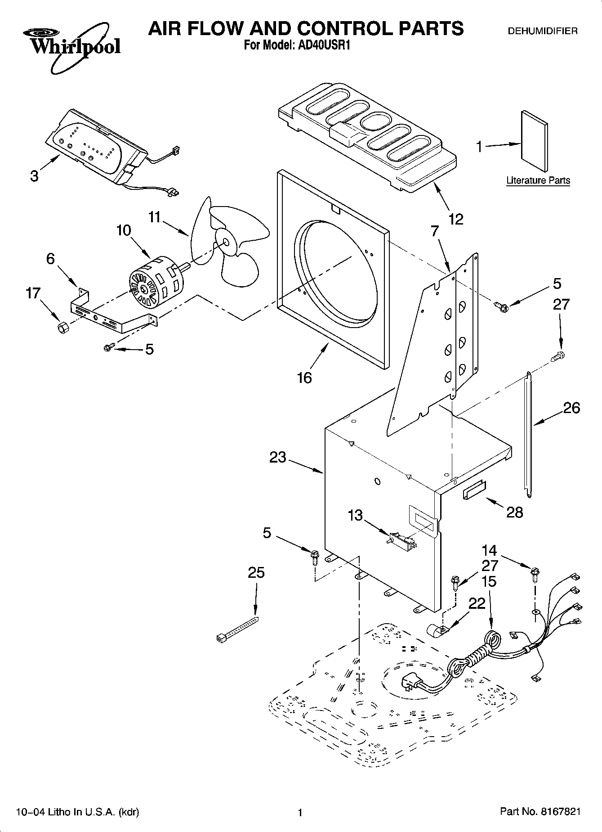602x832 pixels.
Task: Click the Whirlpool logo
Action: coord(71,49)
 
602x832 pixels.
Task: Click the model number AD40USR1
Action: coord(321,45)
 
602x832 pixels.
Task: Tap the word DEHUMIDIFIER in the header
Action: coord(542,31)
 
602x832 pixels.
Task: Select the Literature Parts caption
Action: coord(538,180)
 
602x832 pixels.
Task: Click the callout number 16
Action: coord(304,377)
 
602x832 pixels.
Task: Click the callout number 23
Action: coord(278,457)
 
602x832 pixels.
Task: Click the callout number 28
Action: coord(515,512)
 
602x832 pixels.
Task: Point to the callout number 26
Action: coord(571,408)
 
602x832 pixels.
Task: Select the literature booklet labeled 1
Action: coord(535,141)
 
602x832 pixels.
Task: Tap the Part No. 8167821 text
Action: coord(540,811)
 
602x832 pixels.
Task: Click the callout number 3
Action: coord(35,176)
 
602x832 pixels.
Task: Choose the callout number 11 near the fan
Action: coord(154,217)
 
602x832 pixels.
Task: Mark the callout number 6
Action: coord(50,258)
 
